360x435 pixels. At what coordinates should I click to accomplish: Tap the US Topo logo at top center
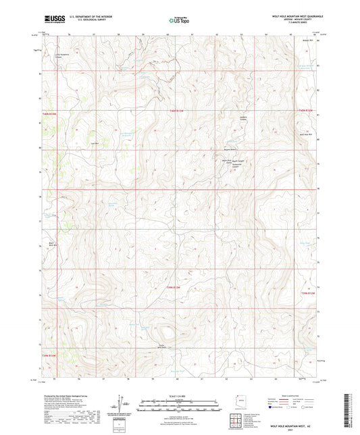pos(178,21)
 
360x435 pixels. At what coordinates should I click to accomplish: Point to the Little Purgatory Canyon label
pos(62,56)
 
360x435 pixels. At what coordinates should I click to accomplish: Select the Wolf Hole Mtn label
pos(305,134)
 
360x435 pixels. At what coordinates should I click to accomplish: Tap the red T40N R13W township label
pos(177,109)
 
